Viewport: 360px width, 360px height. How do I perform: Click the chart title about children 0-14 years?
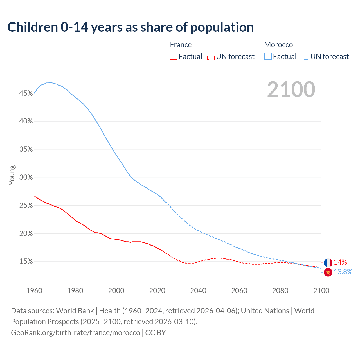[x=130, y=27]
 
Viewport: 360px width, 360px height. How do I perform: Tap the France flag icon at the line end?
[x=328, y=263]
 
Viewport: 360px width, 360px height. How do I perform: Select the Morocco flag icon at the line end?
[x=328, y=272]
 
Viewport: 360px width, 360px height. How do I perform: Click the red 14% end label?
[x=340, y=262]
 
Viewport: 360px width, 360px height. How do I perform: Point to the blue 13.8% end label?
[x=343, y=272]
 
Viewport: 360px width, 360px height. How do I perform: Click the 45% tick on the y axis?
[x=26, y=93]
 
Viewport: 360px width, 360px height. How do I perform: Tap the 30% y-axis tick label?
[x=26, y=177]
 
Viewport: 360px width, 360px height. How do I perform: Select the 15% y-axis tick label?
[x=26, y=262]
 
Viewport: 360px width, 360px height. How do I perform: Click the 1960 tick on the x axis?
[x=34, y=291]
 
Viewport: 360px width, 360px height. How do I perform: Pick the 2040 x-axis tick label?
[x=198, y=291]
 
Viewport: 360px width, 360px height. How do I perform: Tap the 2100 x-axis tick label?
[x=321, y=291]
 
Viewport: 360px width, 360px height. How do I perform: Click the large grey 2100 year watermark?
[x=291, y=89]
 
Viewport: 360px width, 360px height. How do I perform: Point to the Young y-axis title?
[x=12, y=175]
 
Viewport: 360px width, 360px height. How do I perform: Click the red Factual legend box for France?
[x=174, y=57]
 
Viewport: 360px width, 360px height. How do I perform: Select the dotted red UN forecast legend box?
[x=211, y=57]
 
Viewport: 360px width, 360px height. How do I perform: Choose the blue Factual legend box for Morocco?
[x=268, y=57]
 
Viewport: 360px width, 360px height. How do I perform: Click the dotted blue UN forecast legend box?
[x=305, y=57]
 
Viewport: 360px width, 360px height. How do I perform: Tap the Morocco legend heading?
[x=278, y=45]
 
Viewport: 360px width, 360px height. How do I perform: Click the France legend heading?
[x=181, y=45]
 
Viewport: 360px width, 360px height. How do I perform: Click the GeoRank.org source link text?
[x=75, y=333]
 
